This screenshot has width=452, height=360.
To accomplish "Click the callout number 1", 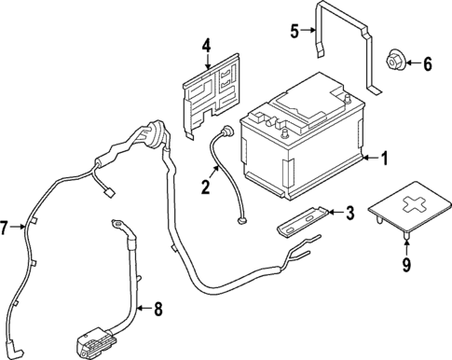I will [382, 159].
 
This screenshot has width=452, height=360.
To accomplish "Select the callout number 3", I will [349, 214].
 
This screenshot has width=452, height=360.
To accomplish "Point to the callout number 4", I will [206, 44].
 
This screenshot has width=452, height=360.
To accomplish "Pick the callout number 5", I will [295, 30].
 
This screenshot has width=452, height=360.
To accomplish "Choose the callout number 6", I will [429, 64].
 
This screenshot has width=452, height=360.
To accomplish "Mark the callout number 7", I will [7, 227].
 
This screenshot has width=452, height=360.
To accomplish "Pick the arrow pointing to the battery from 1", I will [368, 159].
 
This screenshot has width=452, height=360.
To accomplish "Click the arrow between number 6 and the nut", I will [414, 64].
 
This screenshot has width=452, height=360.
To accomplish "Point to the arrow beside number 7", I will [18, 227].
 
